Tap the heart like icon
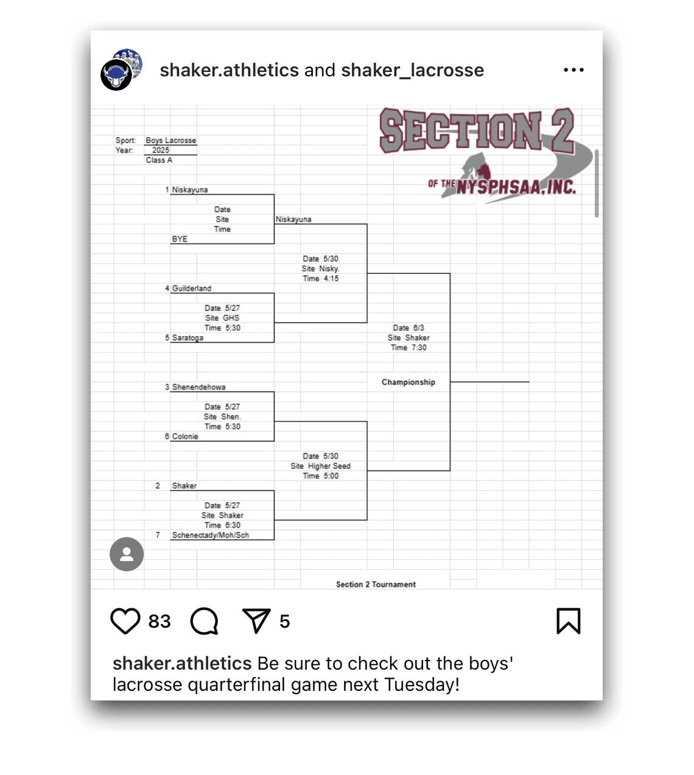pyautogui.click(x=125, y=621)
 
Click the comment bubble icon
pyautogui.click(x=204, y=621)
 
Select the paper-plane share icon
pyautogui.click(x=256, y=621)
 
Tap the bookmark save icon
pyautogui.click(x=568, y=621)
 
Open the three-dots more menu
pyautogui.click(x=573, y=70)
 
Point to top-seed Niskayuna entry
pyautogui.click(x=189, y=190)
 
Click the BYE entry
pyautogui.click(x=180, y=239)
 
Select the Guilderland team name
pyautogui.click(x=191, y=289)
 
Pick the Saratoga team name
pyautogui.click(x=188, y=338)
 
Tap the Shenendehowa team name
pyautogui.click(x=198, y=387)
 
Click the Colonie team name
pyautogui.click(x=185, y=437)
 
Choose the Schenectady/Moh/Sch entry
pyautogui.click(x=210, y=535)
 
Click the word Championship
pyautogui.click(x=408, y=382)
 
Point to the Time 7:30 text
pyautogui.click(x=408, y=348)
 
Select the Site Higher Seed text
pyautogui.click(x=320, y=466)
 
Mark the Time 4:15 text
pyautogui.click(x=320, y=279)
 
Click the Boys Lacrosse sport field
pyautogui.click(x=170, y=141)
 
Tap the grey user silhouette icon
pyautogui.click(x=127, y=554)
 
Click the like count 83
pyautogui.click(x=159, y=621)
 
